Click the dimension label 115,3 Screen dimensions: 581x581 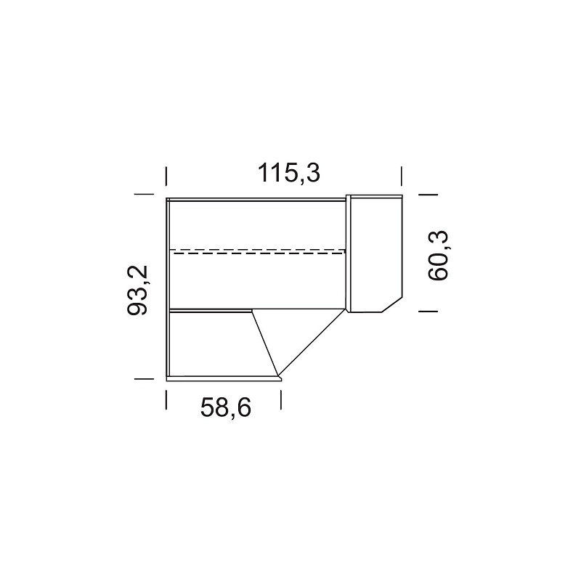point(288,173)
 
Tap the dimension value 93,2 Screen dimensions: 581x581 point(137,290)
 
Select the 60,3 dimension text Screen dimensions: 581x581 point(438,256)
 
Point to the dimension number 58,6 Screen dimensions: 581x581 point(226,407)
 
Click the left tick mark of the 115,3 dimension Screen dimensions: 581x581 point(166,176)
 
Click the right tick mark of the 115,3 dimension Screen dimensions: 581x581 point(402,176)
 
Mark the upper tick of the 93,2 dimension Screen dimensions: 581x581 point(144,194)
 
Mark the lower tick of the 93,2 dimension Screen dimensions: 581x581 point(144,378)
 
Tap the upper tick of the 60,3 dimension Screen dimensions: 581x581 point(428,194)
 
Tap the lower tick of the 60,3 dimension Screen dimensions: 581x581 point(428,312)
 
